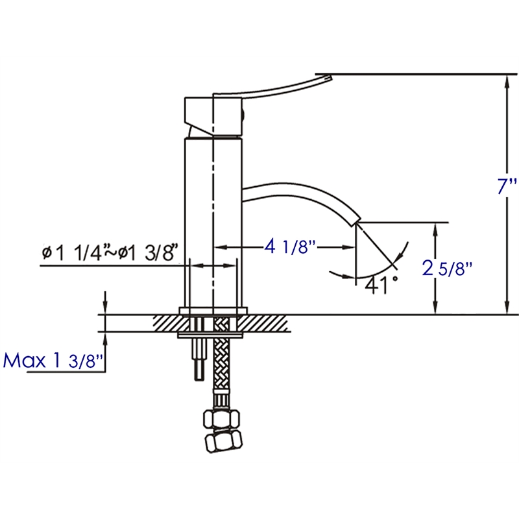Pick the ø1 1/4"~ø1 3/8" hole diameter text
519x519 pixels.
click(110, 253)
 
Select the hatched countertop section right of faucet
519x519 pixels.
click(266, 322)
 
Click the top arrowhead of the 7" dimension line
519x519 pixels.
click(507, 79)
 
